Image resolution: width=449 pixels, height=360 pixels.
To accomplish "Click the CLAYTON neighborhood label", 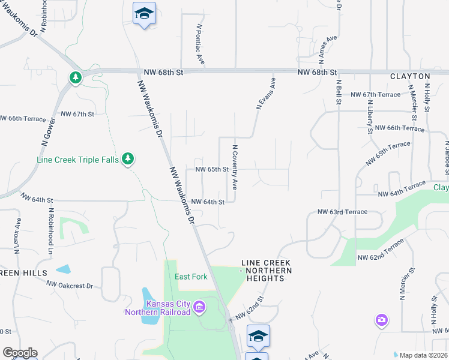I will pyautogui.click(x=410, y=76).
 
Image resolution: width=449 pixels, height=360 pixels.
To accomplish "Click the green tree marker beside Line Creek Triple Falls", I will pyautogui.click(x=128, y=158).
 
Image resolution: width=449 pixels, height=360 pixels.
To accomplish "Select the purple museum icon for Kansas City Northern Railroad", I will pyautogui.click(x=200, y=308).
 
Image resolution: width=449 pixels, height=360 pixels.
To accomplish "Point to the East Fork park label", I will pyautogui.click(x=191, y=277).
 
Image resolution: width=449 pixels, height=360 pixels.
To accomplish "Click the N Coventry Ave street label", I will pyautogui.click(x=235, y=167).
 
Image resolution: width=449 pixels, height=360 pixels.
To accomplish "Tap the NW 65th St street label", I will pyautogui.click(x=212, y=169).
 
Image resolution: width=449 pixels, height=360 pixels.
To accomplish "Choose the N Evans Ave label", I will pyautogui.click(x=265, y=92).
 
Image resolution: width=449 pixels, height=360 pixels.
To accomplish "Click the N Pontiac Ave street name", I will pyautogui.click(x=201, y=44).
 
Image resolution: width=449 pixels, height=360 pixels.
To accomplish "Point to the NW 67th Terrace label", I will pyautogui.click(x=375, y=95).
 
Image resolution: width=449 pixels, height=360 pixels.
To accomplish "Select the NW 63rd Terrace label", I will pyautogui.click(x=342, y=212).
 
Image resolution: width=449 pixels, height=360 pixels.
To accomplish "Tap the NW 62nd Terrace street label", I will pyautogui.click(x=381, y=250).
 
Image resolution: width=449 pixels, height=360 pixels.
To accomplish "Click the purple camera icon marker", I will pyautogui.click(x=381, y=320).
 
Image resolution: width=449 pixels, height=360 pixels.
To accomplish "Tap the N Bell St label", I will pyautogui.click(x=339, y=92).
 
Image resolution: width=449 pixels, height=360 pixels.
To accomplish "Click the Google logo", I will pyautogui.click(x=20, y=353).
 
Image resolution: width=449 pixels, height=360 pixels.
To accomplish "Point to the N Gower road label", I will pyautogui.click(x=49, y=133).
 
